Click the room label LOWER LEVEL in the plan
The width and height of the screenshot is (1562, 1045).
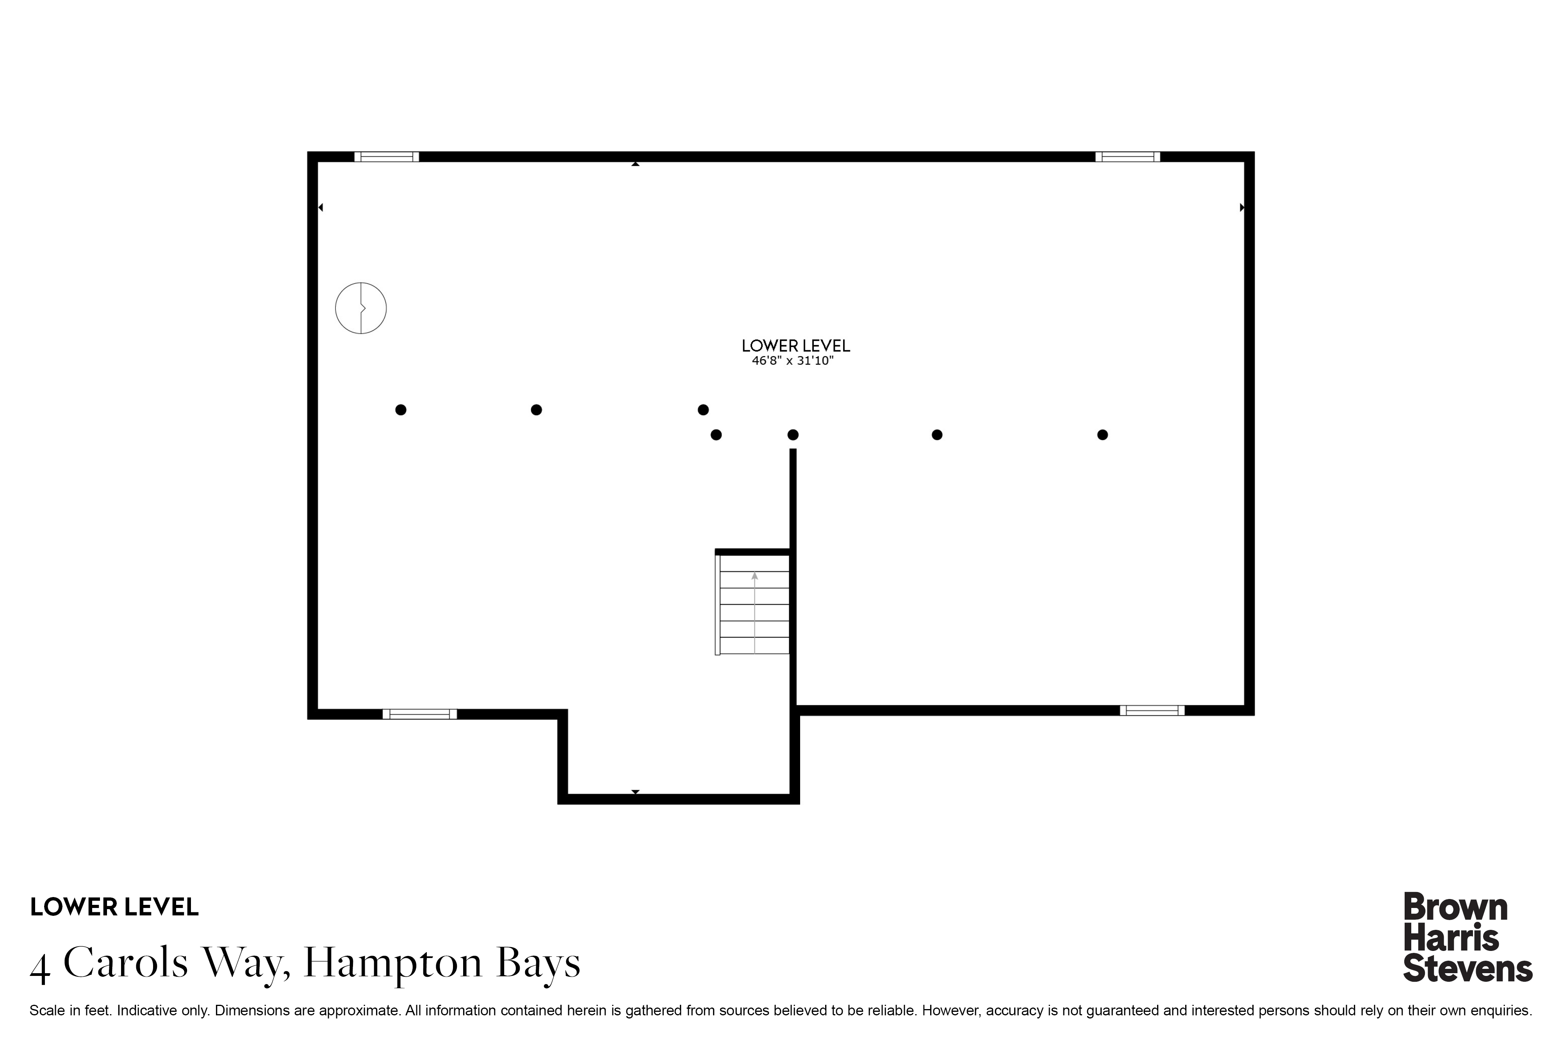795,346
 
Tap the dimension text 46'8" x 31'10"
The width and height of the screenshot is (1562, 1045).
793,361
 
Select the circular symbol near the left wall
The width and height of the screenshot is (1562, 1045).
361,308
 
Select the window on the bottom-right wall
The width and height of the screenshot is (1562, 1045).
1152,710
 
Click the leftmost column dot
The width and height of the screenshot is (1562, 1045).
401,410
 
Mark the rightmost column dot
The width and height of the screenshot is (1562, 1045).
1103,434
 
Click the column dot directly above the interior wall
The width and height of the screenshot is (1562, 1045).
793,434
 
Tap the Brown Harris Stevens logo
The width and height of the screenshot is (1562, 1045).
1467,937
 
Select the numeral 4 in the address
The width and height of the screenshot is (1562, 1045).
40,968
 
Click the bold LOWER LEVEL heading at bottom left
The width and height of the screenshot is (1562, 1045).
114,907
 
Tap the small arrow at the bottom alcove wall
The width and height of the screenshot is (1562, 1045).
635,792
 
